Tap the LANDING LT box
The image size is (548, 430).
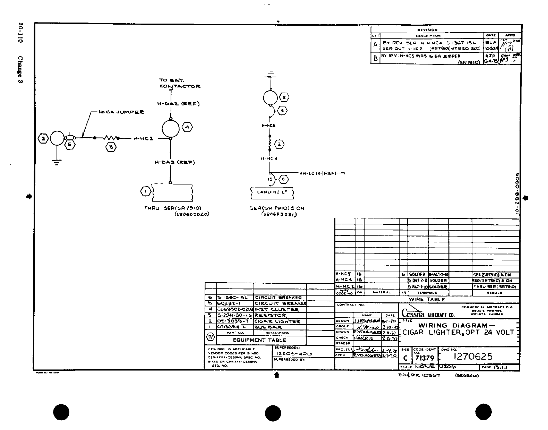[x=272, y=192]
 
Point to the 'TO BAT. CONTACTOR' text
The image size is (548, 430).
[x=179, y=83]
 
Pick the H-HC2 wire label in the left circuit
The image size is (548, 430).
[x=143, y=139]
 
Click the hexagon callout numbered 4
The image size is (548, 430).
[x=187, y=127]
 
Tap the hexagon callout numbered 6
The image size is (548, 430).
[x=283, y=179]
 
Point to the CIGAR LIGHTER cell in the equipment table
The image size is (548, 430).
[x=277, y=321]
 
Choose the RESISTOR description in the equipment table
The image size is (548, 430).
[x=271, y=316]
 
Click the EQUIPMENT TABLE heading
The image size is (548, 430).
[x=259, y=340]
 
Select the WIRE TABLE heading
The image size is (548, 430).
[x=427, y=300]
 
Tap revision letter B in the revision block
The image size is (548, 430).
[x=375, y=59]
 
